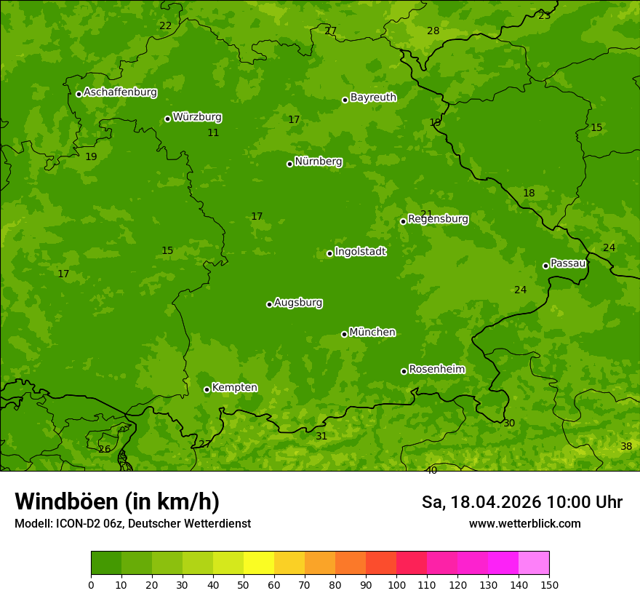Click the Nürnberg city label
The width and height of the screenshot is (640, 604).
tap(319, 162)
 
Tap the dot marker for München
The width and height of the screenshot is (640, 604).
tap(344, 334)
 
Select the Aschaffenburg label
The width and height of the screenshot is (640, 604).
tap(120, 92)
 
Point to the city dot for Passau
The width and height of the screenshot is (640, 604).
tap(545, 266)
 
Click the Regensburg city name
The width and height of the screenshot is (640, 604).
tap(438, 219)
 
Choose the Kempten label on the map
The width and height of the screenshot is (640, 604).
tap(234, 388)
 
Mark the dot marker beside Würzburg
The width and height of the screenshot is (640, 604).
tap(167, 119)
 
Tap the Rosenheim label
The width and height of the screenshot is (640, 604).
tap(436, 370)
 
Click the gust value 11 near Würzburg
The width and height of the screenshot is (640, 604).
tap(213, 133)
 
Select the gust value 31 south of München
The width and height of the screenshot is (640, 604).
tap(321, 437)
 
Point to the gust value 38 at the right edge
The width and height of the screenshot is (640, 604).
tap(626, 447)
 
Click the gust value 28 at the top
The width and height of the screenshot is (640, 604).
tap(433, 31)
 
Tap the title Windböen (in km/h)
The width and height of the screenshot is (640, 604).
tap(117, 502)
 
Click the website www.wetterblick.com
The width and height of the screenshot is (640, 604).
tap(524, 524)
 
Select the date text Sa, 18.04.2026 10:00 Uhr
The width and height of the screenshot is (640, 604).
tap(522, 502)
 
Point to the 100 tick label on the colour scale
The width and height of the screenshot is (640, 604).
tap(396, 584)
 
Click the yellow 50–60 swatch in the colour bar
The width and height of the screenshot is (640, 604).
tap(259, 563)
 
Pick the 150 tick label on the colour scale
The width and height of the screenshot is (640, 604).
tap(549, 584)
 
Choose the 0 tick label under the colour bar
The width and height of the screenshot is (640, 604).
tap(91, 584)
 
